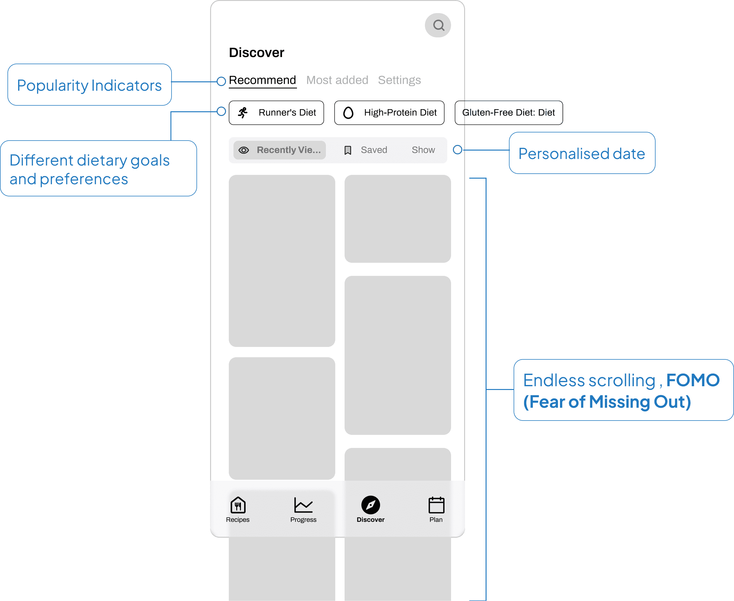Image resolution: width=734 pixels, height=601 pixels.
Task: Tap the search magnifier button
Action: pyautogui.click(x=438, y=25)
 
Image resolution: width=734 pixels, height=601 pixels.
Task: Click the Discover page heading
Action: pyautogui.click(x=256, y=53)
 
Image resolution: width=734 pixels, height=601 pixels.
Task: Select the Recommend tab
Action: pyautogui.click(x=262, y=80)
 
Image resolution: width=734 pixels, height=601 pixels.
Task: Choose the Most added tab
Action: pyautogui.click(x=337, y=80)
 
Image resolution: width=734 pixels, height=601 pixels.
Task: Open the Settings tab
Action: pyautogui.click(x=399, y=80)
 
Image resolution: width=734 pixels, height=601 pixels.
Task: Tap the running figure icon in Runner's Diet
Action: pyautogui.click(x=243, y=113)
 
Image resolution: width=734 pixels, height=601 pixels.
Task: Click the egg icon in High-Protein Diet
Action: pyautogui.click(x=348, y=113)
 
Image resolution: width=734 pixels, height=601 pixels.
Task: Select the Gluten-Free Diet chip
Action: pyautogui.click(x=508, y=113)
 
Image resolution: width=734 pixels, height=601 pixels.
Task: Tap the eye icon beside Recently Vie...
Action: pyautogui.click(x=244, y=150)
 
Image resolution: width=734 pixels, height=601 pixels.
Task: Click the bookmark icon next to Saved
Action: pyautogui.click(x=348, y=150)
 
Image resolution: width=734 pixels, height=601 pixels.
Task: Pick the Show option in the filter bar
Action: pyautogui.click(x=423, y=150)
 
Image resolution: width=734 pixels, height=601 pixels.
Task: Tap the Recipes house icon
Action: pyautogui.click(x=238, y=505)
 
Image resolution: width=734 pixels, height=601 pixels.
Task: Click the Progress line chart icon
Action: pyautogui.click(x=303, y=505)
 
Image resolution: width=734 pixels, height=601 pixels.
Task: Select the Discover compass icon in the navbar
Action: pyautogui.click(x=371, y=505)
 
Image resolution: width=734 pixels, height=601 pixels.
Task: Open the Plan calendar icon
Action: pyautogui.click(x=436, y=505)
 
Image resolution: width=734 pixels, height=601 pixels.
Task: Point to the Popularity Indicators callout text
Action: pyautogui.click(x=89, y=85)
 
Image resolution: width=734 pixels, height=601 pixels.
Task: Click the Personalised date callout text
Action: pyautogui.click(x=581, y=153)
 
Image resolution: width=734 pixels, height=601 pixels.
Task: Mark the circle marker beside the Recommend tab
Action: pyautogui.click(x=221, y=81)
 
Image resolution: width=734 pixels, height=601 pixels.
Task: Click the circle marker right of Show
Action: pyautogui.click(x=457, y=150)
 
